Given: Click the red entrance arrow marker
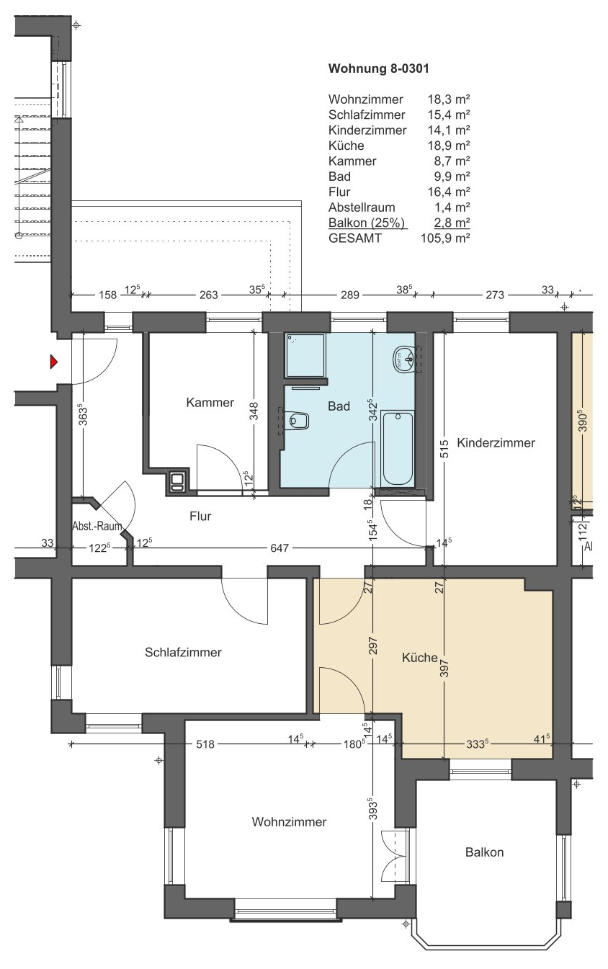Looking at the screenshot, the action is tap(53, 362).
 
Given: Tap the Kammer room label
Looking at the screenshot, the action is tap(210, 402).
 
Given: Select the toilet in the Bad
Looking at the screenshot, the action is tap(298, 420).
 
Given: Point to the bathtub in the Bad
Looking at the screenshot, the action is tap(398, 449).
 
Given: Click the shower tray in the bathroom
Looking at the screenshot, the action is tap(305, 354).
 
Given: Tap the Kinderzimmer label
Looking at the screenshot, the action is tap(496, 442).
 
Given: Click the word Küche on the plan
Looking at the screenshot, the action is tap(420, 658).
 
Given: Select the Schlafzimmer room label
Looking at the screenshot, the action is tap(183, 652).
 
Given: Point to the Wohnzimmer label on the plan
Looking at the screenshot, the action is tap(289, 822).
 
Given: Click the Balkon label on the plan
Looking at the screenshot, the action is tap(484, 852).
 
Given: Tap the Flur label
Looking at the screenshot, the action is tap(200, 516).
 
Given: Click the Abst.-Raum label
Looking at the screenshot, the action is tap(97, 527).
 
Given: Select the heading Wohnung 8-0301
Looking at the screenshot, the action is tap(379, 68).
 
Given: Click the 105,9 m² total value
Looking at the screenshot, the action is tap(445, 238).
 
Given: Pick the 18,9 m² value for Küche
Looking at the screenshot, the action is tap(449, 146).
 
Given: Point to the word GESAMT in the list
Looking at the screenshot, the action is tap(355, 238).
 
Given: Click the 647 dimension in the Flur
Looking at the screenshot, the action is tap(280, 548).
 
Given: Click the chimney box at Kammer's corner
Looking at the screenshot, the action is tap(177, 481).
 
